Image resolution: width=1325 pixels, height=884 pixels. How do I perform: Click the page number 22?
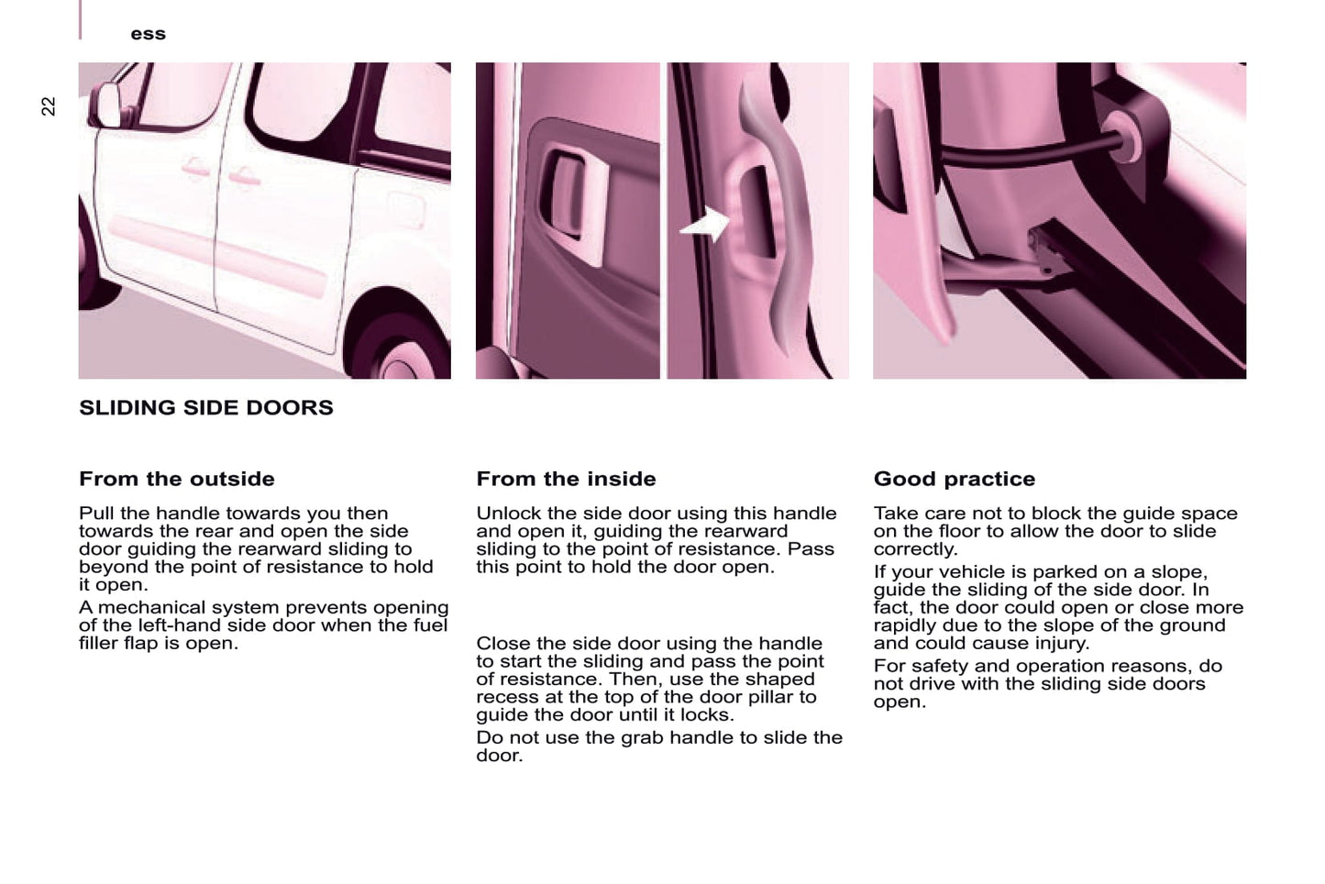click(48, 105)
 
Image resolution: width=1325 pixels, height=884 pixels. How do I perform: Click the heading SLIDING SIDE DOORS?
click(206, 408)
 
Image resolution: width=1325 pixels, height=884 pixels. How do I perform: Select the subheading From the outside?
click(177, 479)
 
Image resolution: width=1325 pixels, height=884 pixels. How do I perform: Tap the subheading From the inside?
click(566, 479)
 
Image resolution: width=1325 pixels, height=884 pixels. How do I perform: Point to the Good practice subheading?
click(955, 480)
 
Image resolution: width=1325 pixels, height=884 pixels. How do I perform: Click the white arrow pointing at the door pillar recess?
click(705, 226)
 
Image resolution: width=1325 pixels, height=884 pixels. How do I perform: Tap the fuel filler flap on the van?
click(406, 209)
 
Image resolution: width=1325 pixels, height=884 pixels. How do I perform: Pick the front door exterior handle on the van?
click(195, 168)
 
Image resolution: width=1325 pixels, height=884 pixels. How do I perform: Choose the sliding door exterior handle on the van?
click(244, 176)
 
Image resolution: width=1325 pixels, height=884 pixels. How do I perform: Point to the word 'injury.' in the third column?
click(1062, 643)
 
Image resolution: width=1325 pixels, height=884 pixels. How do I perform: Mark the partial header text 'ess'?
click(148, 34)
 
